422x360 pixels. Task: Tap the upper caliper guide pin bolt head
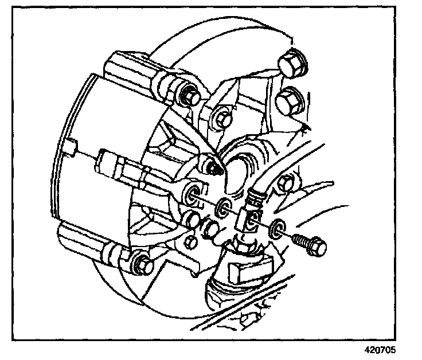click(x=188, y=95)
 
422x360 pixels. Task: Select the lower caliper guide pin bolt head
click(x=141, y=265)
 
